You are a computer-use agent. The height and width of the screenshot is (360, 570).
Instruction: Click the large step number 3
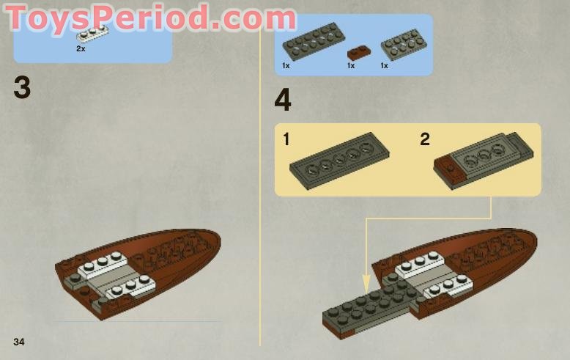tap(22, 88)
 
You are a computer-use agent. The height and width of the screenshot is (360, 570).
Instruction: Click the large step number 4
tap(282, 100)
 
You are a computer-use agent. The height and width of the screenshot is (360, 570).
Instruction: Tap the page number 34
tap(19, 342)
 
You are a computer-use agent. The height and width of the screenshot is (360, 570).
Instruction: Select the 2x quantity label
tap(81, 48)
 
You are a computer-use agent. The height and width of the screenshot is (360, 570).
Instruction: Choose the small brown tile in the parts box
tap(358, 51)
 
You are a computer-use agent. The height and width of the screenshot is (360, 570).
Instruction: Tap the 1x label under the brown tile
tap(351, 66)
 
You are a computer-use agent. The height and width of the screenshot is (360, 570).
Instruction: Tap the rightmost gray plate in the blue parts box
tap(404, 45)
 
